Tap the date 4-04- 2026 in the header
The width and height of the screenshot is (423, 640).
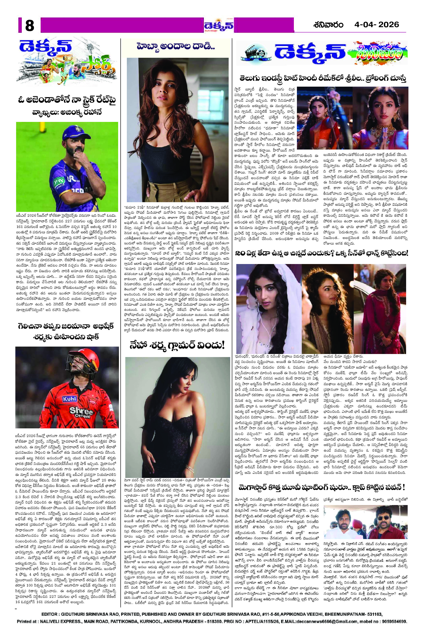pos(377,25)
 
